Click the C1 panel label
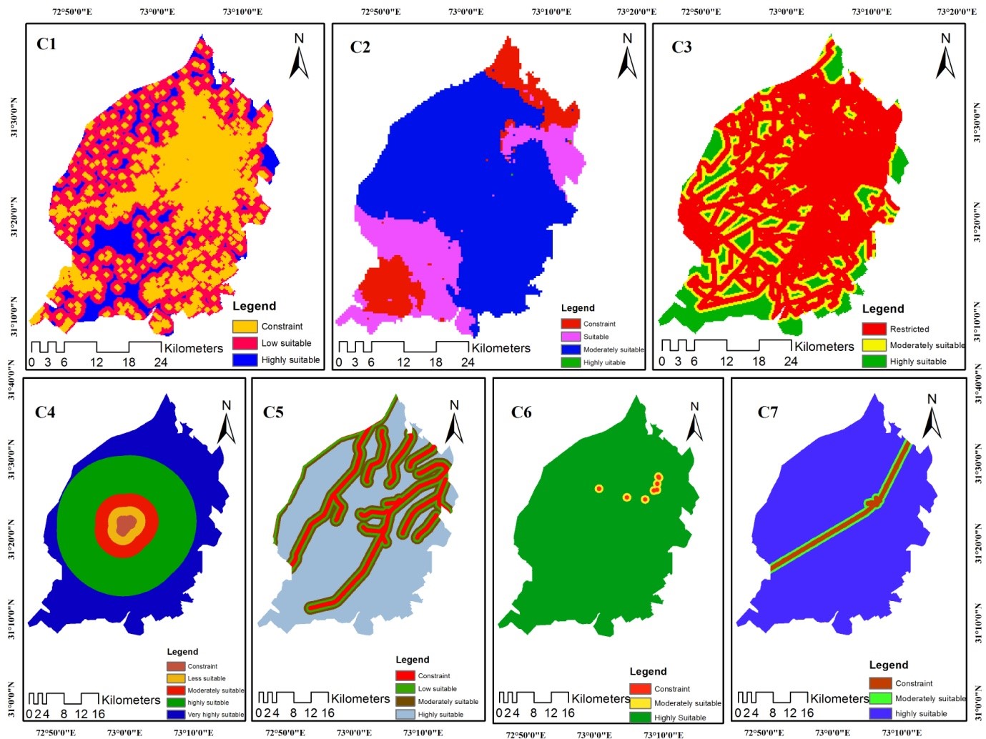pos(46,44)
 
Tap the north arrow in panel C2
pos(627,57)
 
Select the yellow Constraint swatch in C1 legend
pos(245,327)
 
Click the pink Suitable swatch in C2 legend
pos(570,337)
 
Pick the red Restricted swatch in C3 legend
pos(874,329)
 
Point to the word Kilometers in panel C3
pos(824,347)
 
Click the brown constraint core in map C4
pos(126,526)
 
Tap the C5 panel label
pos(273,412)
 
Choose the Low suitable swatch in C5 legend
pos(405,688)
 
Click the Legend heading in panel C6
pos(648,672)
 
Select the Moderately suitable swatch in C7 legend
pos(880,698)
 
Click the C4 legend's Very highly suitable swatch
pos(175,714)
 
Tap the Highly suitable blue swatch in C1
pos(245,359)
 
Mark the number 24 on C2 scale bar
pos(468,362)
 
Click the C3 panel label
pos(681,47)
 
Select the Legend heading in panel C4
pos(182,652)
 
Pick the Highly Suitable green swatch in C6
pos(640,717)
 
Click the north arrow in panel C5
pos(454,422)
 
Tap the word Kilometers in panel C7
pos(839,698)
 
